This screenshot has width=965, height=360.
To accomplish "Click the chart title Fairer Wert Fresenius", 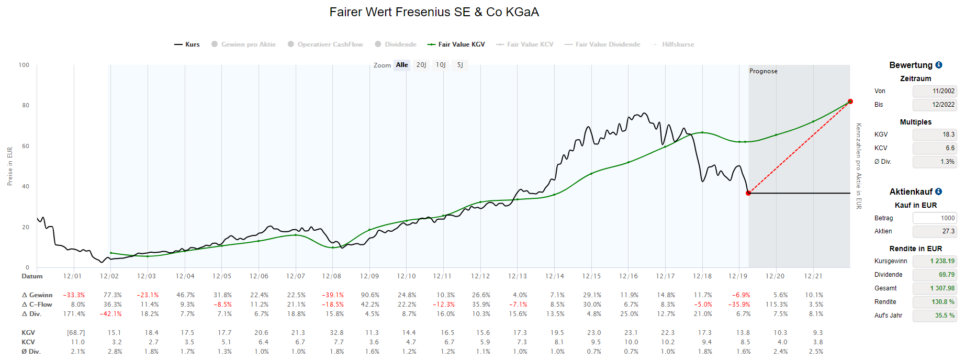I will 434,12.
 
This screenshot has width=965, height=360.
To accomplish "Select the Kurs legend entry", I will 187,44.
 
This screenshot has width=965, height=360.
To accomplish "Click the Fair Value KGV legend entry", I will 456,44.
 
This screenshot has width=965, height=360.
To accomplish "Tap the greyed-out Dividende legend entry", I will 396,44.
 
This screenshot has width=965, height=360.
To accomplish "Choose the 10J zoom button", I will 441,65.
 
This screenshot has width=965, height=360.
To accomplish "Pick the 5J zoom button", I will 460,65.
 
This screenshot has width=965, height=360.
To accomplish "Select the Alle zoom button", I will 402,65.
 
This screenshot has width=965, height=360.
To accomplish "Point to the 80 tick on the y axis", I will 26,105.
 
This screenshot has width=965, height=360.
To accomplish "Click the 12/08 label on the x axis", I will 332,276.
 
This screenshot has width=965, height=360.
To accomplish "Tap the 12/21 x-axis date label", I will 813,276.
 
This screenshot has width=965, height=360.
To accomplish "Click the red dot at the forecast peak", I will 850,102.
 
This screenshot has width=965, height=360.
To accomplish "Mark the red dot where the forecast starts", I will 748,193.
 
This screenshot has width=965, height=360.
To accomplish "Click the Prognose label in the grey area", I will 763,71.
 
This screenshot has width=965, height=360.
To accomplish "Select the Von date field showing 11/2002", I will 935,91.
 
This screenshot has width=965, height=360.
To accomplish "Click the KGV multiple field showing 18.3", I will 935,134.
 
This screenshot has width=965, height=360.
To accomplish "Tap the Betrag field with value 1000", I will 935,218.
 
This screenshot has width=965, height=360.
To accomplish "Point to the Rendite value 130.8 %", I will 935,302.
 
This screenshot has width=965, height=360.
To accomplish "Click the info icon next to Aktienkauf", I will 938,192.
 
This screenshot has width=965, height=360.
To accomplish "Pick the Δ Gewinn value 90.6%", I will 370,295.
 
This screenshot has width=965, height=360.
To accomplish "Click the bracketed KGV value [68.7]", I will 76,333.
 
